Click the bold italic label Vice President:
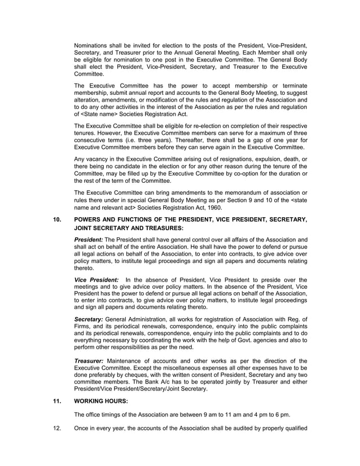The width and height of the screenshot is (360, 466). click(96, 279)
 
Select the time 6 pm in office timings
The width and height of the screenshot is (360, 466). click(282, 415)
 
